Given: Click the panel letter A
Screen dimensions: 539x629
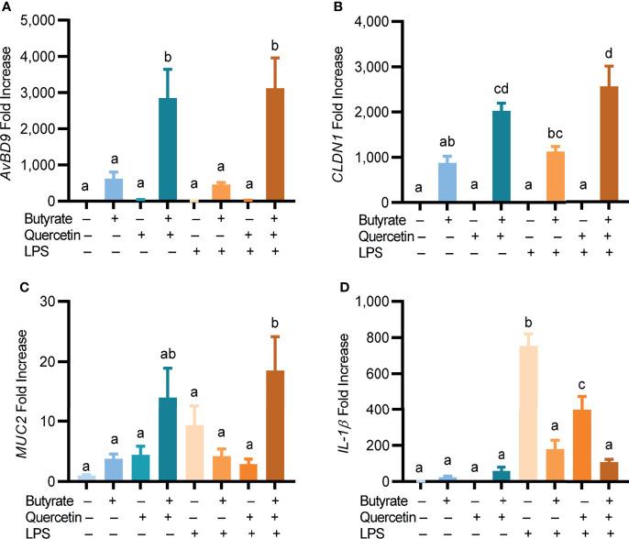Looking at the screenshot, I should tap(8, 7).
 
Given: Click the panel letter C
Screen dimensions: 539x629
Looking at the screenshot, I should tap(8, 286).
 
